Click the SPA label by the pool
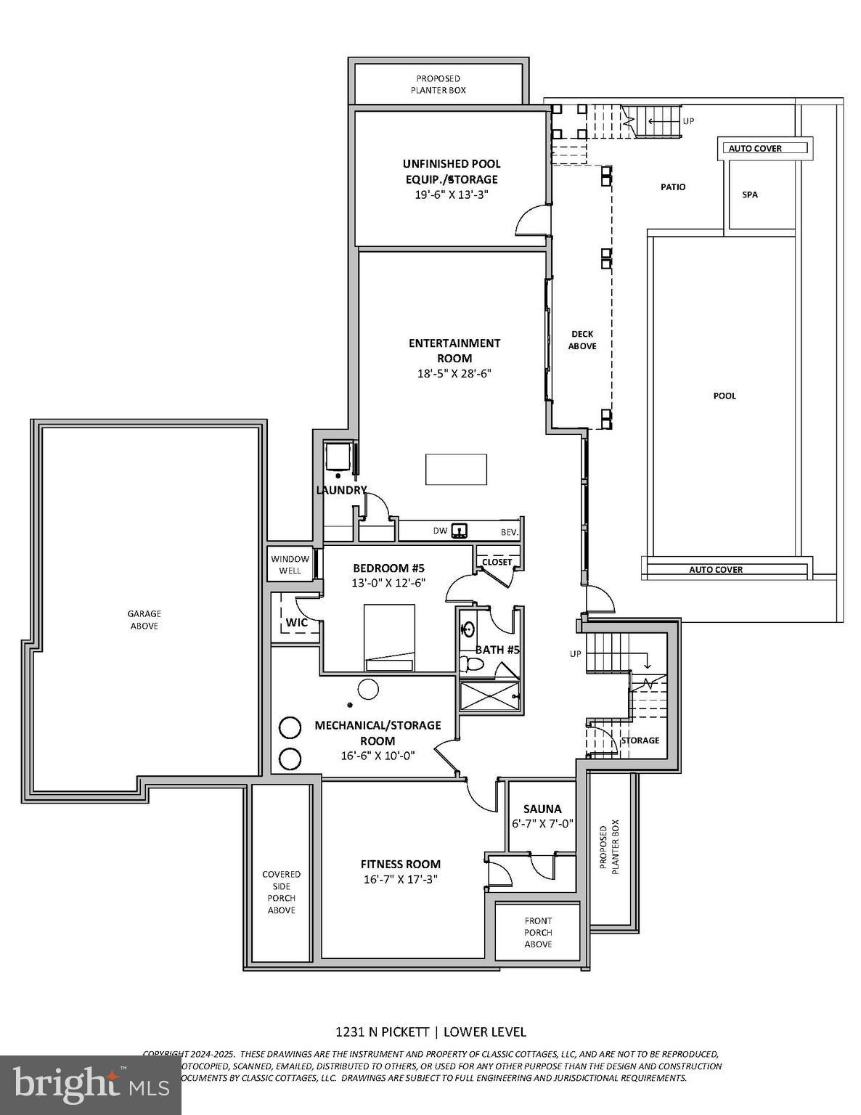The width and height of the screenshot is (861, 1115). click(749, 195)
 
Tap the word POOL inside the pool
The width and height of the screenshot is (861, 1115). click(724, 396)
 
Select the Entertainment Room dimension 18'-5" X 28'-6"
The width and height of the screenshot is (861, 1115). click(454, 374)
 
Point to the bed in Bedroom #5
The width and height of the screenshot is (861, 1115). click(389, 637)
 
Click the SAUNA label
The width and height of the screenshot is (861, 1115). click(542, 809)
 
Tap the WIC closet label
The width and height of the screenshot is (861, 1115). click(296, 622)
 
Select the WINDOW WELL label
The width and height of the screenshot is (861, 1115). click(290, 565)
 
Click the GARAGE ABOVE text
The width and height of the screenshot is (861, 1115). click(144, 620)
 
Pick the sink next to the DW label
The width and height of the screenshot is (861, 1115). click(459, 531)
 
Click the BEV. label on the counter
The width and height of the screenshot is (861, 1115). click(510, 533)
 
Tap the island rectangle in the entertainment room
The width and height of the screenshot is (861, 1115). click(456, 470)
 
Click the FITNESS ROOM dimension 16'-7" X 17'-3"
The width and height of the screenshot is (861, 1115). click(401, 879)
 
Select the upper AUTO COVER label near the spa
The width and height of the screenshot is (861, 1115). click(755, 148)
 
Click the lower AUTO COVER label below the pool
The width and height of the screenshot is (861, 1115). click(716, 570)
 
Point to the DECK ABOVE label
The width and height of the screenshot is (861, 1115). click(582, 340)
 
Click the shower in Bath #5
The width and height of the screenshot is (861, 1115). click(489, 696)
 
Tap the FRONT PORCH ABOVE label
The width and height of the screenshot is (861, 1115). click(538, 932)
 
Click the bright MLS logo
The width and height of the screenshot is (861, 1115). click(90, 1085)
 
